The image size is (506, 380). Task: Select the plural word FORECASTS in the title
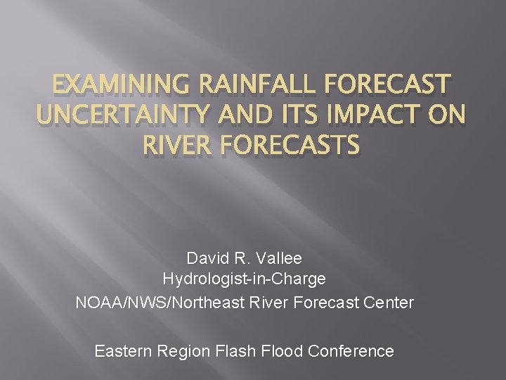tap(292, 146)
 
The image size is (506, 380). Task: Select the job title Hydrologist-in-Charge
tap(244, 279)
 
